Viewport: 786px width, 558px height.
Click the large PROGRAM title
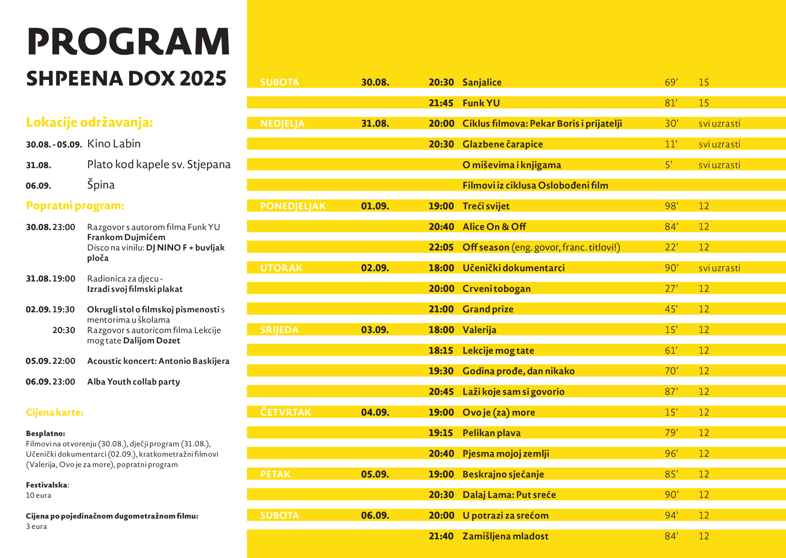pos(128,41)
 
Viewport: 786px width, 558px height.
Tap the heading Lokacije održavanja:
pos(89,122)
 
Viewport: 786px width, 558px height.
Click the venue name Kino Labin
pos(114,143)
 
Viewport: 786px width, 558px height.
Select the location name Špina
pos(101,185)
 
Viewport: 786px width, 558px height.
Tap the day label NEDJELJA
pos(282,124)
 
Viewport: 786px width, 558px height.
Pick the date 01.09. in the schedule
pos(375,206)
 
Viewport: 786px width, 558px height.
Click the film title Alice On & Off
pos(494,227)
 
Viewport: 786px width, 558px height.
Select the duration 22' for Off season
pos(671,247)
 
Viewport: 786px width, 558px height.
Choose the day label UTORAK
pos(281,268)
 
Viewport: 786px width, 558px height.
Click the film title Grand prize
pos(488,309)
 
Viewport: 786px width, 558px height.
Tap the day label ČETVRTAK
pos(285,412)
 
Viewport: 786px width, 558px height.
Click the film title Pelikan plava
pos(491,433)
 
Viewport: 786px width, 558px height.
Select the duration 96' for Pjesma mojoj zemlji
pos(671,454)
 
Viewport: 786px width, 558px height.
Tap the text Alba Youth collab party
pos(133,382)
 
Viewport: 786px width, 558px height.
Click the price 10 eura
pos(38,495)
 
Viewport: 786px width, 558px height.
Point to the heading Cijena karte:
pos(55,412)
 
